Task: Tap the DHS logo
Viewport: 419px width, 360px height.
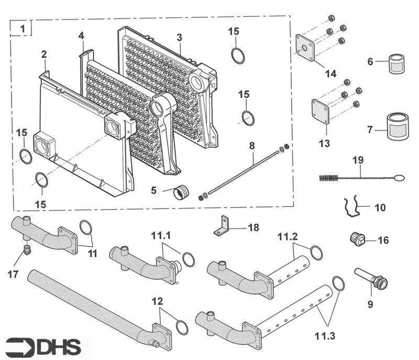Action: pyautogui.click(x=46, y=346)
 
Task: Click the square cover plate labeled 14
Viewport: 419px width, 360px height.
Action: pyautogui.click(x=307, y=48)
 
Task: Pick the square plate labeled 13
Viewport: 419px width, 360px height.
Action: pyautogui.click(x=320, y=113)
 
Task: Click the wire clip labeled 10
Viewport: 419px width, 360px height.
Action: pyautogui.click(x=352, y=207)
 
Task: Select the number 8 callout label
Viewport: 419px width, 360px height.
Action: pyautogui.click(x=252, y=144)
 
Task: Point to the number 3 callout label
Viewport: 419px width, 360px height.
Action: pyautogui.click(x=179, y=37)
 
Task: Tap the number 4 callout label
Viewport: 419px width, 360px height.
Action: pyautogui.click(x=81, y=36)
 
